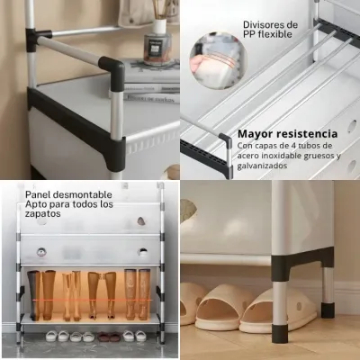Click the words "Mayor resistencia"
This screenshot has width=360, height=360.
pyautogui.click(x=287, y=134)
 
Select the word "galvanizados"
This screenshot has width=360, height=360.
pyautogui.click(x=262, y=166)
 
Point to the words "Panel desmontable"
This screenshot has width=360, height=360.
pyautogui.click(x=68, y=194)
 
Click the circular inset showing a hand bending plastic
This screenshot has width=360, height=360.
pyautogui.click(x=218, y=59)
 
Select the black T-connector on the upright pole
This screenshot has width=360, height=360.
pyautogui.click(x=35, y=39)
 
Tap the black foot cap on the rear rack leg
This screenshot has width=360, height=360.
pyautogui.click(x=328, y=310)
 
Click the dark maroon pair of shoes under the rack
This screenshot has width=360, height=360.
pyautogui.click(x=109, y=337)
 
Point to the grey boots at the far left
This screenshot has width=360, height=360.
pyautogui.click(x=33, y=295)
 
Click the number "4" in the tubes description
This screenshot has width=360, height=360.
pyautogui.click(x=294, y=146)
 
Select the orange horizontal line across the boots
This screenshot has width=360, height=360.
pyautogui.click(x=92, y=300)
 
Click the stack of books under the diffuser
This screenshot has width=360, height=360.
pyautogui.click(x=151, y=83)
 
